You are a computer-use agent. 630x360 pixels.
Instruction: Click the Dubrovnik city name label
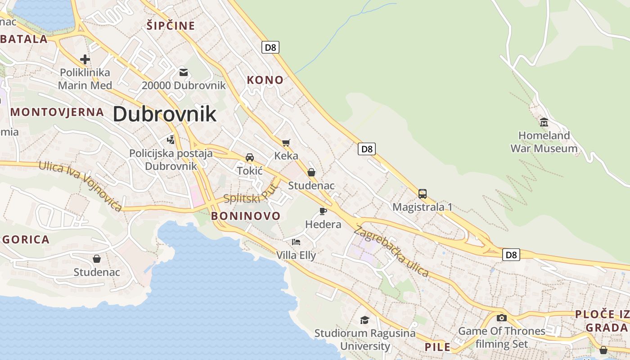(x=164, y=114)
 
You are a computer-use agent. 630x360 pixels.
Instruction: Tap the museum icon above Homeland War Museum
(x=544, y=122)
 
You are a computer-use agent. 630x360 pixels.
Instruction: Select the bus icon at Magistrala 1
(x=422, y=194)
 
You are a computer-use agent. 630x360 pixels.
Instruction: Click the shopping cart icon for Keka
(x=286, y=143)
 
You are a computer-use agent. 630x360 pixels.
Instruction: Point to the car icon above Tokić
(x=250, y=157)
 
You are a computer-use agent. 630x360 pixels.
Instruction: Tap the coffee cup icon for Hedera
(x=323, y=211)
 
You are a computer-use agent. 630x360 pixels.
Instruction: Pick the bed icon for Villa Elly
(x=296, y=242)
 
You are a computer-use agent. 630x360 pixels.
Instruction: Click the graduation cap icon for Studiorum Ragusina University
(x=364, y=320)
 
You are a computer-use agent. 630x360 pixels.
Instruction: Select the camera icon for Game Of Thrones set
(x=501, y=318)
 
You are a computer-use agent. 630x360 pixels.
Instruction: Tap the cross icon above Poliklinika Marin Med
(x=85, y=59)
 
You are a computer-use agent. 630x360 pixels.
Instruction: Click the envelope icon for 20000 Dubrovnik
(x=183, y=72)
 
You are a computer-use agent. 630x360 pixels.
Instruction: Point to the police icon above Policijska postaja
(x=171, y=140)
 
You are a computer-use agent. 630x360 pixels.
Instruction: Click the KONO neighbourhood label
(x=265, y=80)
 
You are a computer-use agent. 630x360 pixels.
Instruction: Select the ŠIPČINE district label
(x=171, y=26)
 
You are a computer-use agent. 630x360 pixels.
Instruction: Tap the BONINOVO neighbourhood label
(x=246, y=216)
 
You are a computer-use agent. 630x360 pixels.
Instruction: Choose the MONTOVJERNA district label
(x=57, y=112)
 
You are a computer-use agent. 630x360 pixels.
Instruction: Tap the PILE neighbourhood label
(x=437, y=347)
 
